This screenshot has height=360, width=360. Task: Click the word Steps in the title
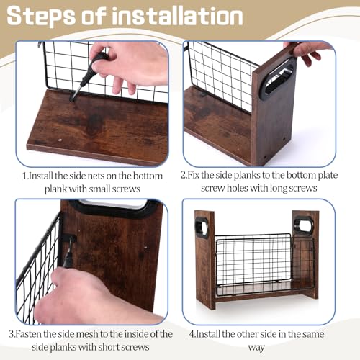point(41,17)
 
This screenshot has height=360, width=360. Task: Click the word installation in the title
point(176,15)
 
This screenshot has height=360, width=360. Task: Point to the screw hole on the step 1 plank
point(60,140)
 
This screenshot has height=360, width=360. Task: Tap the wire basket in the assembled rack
point(264,264)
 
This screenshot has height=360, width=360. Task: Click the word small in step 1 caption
point(99,189)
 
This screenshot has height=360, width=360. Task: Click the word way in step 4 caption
point(256,348)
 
